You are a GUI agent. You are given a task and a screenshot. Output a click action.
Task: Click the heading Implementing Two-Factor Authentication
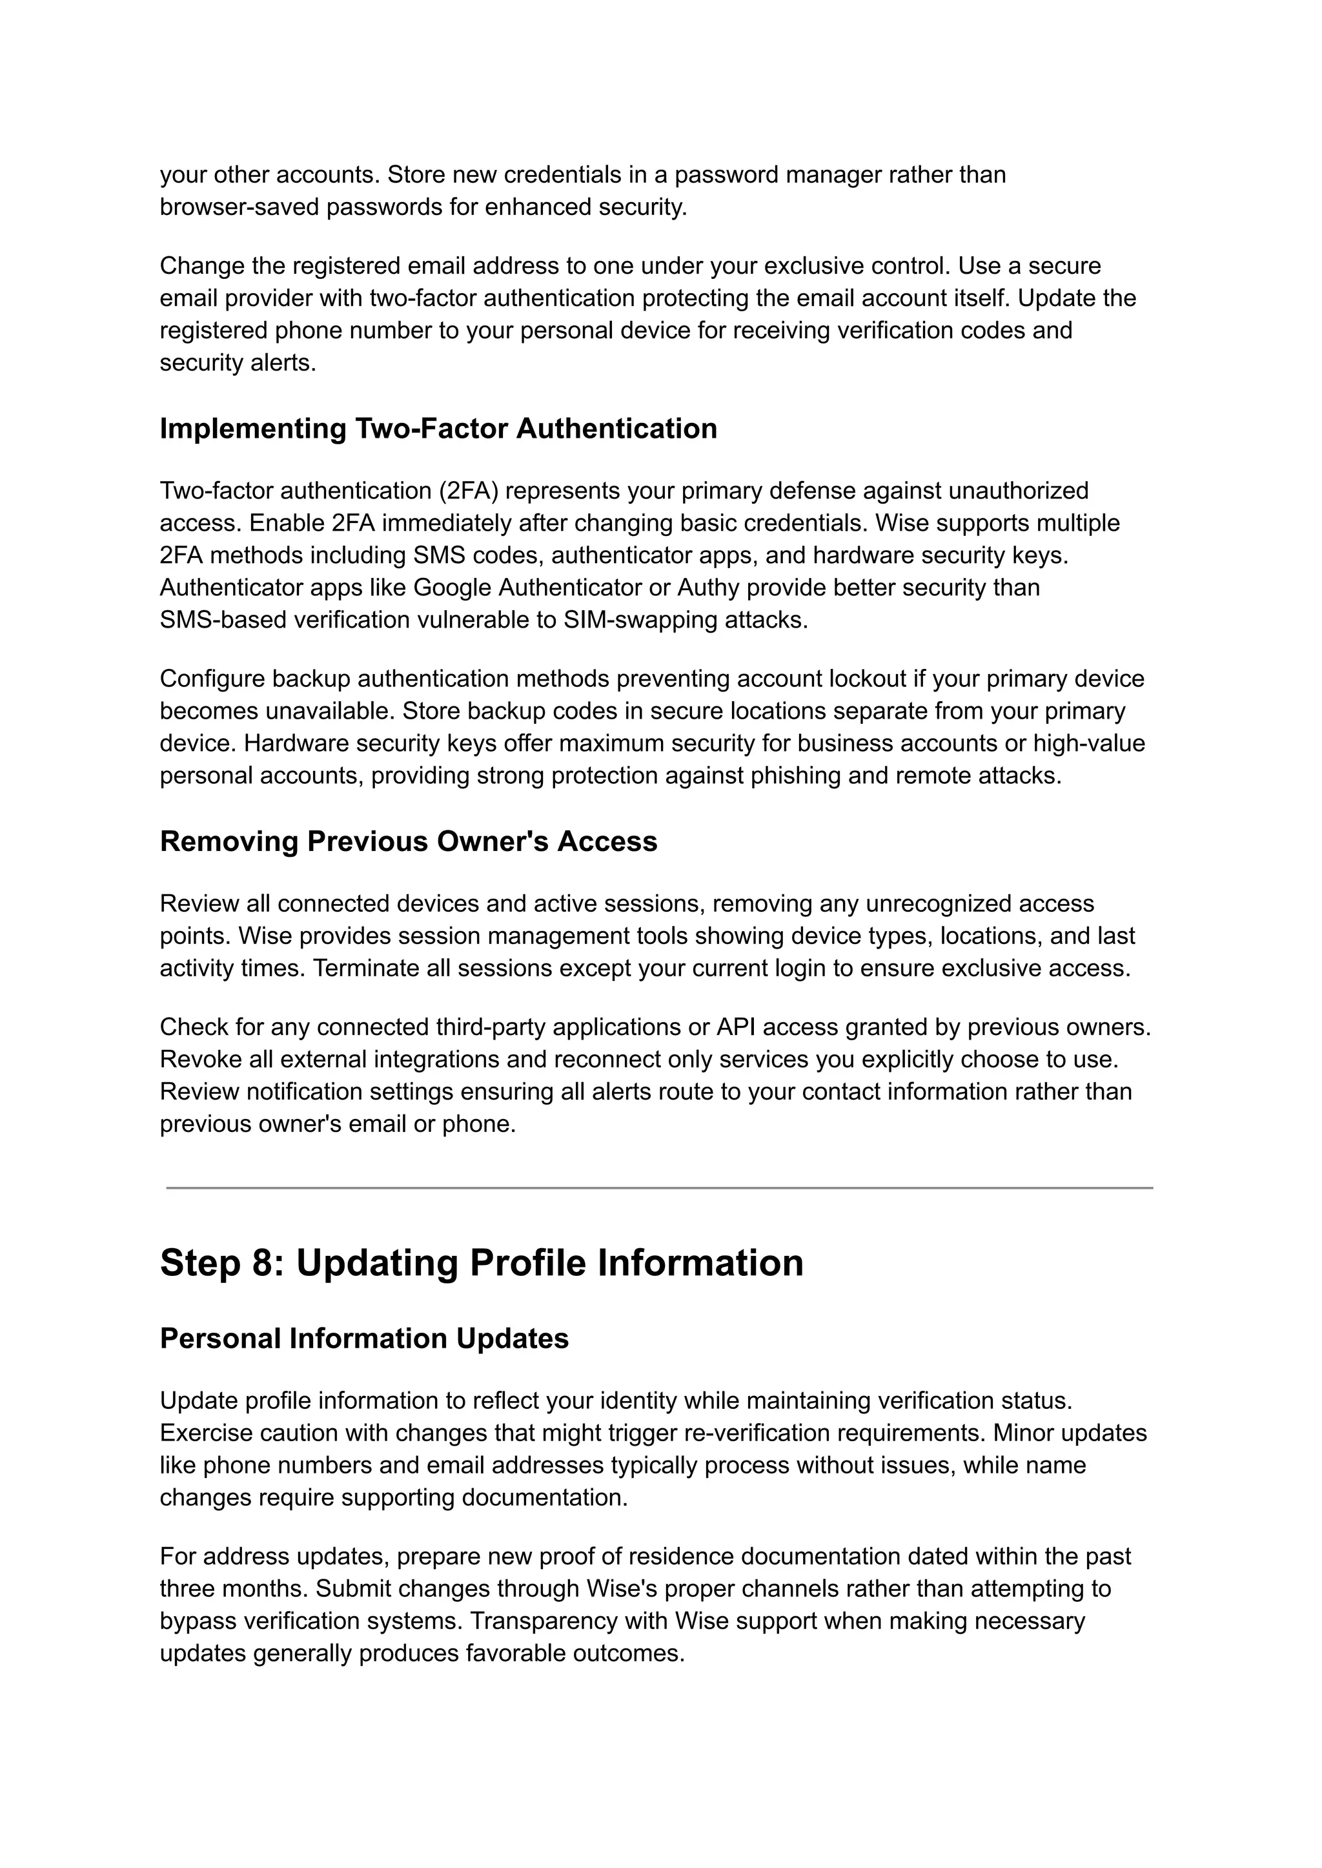pos(438,428)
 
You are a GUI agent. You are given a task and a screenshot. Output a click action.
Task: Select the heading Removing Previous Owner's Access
pos(408,841)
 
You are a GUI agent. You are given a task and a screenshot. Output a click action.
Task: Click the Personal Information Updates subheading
pos(364,1338)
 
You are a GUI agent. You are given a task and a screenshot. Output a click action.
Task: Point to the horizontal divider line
pos(659,1188)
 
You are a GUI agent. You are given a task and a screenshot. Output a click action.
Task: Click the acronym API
pos(735,1027)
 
